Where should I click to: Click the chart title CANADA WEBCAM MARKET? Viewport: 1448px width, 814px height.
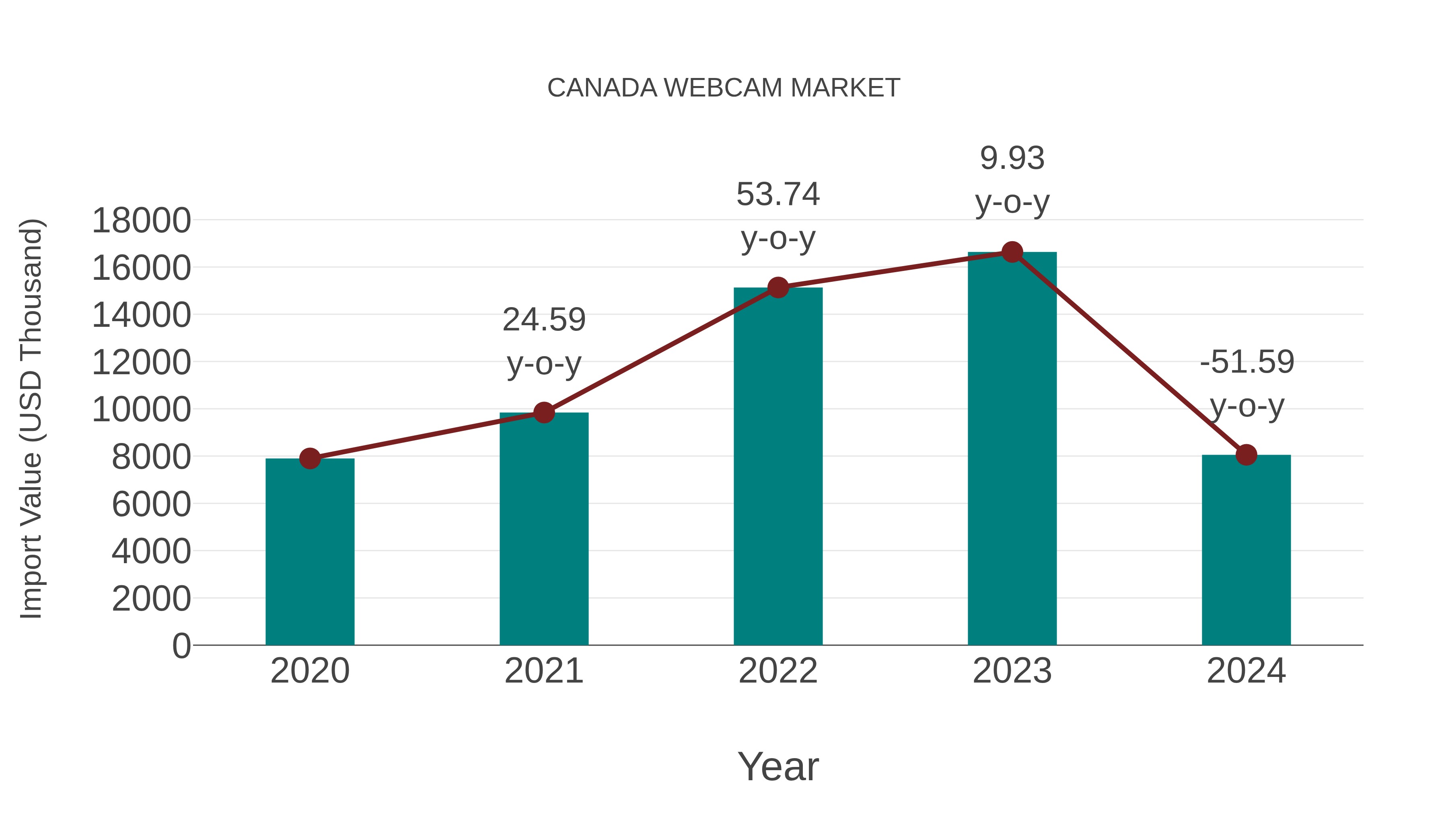coord(724,88)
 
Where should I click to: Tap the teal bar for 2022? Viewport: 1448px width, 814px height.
coord(778,466)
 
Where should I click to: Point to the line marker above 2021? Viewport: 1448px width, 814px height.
coord(543,413)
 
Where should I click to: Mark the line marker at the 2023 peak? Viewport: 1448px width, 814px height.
coord(1012,252)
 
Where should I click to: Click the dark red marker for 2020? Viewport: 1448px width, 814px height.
coord(310,458)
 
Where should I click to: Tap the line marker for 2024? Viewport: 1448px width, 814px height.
coord(1246,455)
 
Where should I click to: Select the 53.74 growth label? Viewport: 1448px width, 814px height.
coord(778,195)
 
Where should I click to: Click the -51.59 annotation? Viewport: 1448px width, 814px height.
coord(1246,362)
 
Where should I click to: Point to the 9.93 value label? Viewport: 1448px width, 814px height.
coord(1012,158)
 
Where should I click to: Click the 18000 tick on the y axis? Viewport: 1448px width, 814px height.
coord(141,220)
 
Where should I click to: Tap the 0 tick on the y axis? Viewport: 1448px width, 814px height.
coord(181,646)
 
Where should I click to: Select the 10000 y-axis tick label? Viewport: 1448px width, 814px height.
coord(141,410)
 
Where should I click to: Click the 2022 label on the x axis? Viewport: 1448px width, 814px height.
coord(778,671)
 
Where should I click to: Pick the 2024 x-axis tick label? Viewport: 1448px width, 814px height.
coord(1246,671)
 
